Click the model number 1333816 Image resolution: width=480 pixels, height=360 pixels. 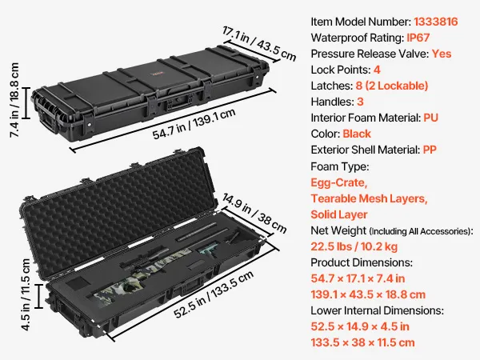(436, 22)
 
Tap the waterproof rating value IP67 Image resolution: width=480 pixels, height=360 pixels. (418, 38)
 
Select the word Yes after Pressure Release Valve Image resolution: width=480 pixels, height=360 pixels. (442, 54)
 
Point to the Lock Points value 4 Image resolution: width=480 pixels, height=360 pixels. (377, 70)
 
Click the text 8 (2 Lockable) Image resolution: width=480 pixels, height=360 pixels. (392, 86)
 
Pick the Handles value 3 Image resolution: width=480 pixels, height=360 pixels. (360, 102)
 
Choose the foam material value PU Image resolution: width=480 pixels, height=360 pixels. (430, 118)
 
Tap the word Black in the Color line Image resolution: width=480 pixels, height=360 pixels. (357, 134)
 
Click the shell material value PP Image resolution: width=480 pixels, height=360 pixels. (430, 150)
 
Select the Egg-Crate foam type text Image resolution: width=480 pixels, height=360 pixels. (339, 182)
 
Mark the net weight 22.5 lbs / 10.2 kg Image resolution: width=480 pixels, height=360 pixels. (354, 246)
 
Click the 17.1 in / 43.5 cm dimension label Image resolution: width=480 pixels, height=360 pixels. (259, 44)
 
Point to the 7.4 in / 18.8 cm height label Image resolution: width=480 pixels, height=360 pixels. (14, 100)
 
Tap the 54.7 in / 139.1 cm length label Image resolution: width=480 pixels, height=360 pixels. (194, 124)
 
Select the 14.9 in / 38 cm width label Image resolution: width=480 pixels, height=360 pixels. (254, 214)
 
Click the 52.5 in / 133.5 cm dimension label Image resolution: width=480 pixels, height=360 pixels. (214, 294)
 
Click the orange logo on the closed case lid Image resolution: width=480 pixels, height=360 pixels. (158, 74)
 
